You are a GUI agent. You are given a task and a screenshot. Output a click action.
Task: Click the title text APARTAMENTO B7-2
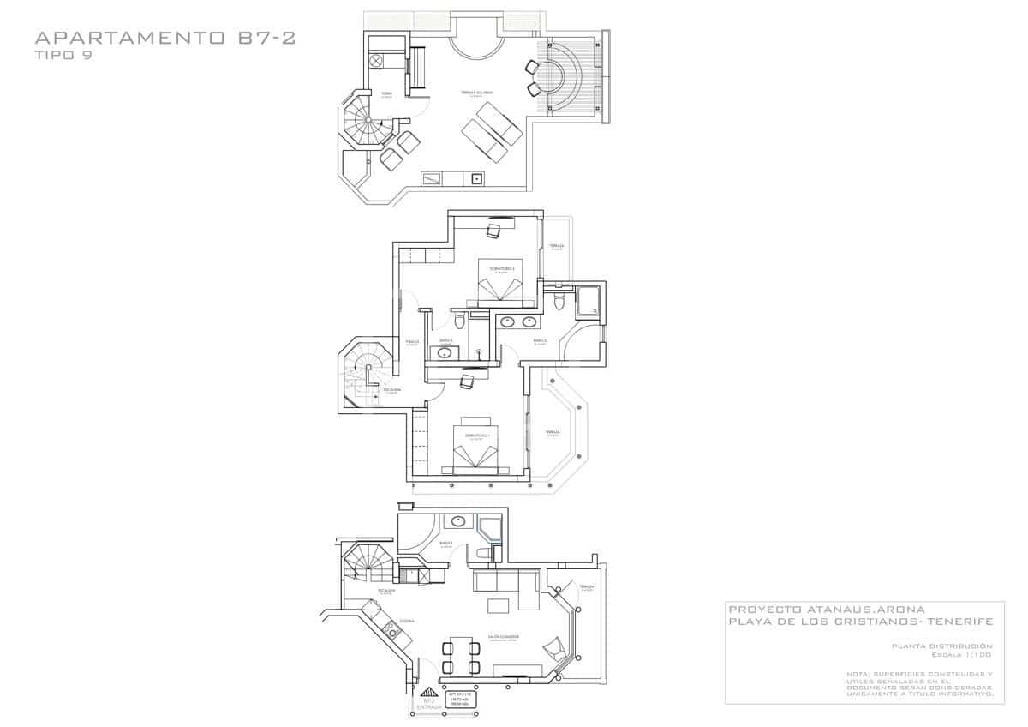164,38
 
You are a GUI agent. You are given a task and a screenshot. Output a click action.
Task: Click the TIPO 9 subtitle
63,56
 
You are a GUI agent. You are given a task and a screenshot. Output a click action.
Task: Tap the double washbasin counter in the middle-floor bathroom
517,321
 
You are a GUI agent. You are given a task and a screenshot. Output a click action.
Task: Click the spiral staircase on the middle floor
367,369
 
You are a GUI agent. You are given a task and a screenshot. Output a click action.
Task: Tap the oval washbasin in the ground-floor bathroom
459,520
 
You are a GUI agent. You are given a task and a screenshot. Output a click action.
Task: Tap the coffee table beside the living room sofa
497,607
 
